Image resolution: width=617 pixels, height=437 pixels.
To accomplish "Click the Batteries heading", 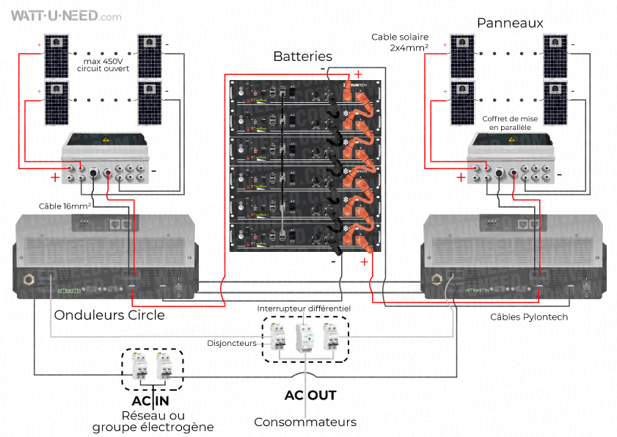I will point(302,57).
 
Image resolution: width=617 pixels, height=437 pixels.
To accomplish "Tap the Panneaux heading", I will point(510,23).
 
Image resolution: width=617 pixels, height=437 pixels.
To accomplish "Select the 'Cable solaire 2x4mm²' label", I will point(400,42).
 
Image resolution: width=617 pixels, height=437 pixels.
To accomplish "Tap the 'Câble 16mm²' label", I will point(65,206).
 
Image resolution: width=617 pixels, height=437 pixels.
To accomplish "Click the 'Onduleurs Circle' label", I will point(109,315).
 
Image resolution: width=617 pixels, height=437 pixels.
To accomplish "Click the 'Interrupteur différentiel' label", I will point(304,308).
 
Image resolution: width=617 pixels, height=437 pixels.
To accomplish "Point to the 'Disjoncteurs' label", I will point(232,342).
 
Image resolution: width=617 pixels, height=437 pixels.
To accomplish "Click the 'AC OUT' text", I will point(310,395).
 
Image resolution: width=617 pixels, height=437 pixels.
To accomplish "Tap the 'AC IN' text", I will point(150,401).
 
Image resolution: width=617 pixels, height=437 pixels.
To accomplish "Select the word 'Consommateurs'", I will point(305,422).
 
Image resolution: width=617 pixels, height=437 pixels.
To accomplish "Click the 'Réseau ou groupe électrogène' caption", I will point(153,421).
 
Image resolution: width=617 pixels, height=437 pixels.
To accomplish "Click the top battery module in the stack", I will point(304,94).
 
